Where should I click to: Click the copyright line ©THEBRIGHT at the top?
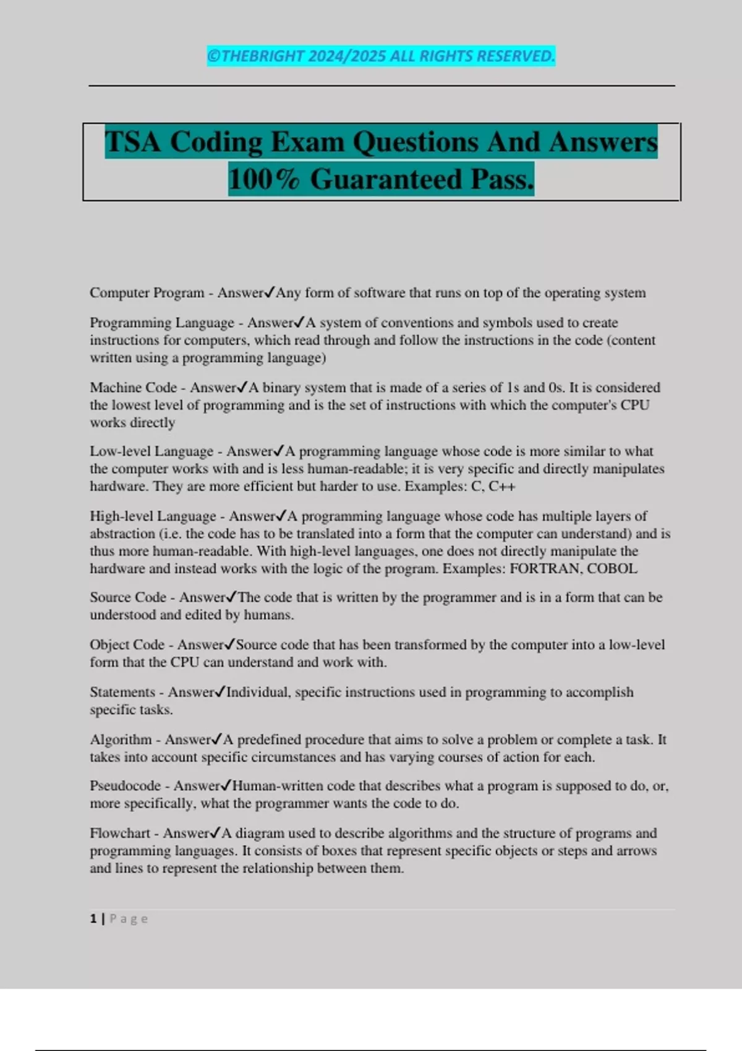(381, 56)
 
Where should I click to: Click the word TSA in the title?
(133, 142)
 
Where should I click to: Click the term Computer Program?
(147, 293)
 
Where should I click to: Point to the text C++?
(501, 487)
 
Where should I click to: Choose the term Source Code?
(127, 598)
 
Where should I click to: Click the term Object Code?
(127, 645)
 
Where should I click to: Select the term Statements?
(122, 692)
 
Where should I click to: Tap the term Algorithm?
(121, 740)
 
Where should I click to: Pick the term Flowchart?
(120, 833)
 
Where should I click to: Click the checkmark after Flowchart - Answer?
(215, 833)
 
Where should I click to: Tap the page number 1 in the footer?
(93, 919)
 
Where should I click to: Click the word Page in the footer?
(129, 919)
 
